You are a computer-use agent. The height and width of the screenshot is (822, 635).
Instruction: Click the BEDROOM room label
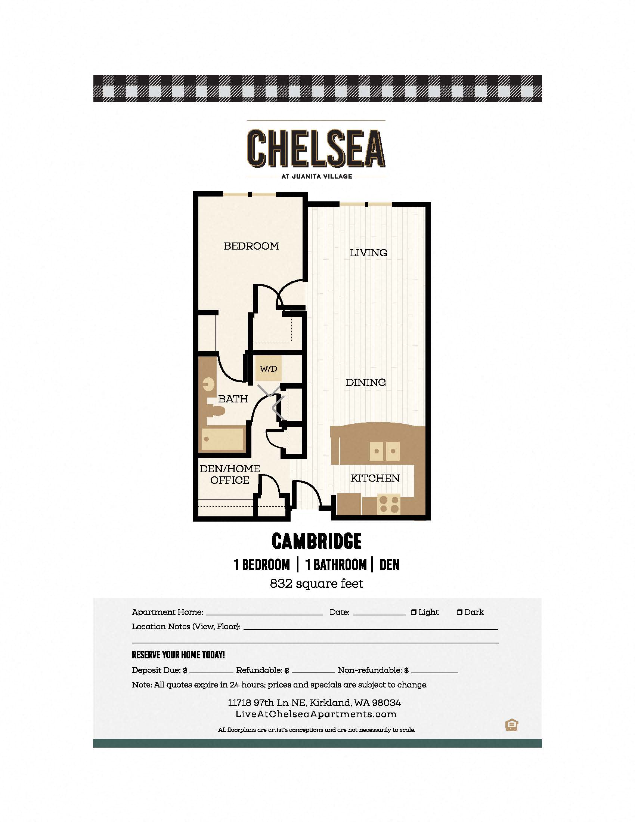(251, 246)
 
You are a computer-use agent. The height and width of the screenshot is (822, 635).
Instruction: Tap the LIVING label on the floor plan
(368, 253)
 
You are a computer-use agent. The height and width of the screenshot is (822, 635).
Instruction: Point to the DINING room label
(366, 382)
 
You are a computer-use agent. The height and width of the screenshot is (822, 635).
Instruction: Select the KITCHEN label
(375, 478)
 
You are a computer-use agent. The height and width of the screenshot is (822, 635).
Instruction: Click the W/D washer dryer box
(268, 369)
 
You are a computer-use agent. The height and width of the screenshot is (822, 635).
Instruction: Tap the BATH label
(233, 399)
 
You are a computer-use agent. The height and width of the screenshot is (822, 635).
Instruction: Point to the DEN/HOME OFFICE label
(229, 475)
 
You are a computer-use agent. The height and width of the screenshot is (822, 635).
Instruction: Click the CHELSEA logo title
(316, 148)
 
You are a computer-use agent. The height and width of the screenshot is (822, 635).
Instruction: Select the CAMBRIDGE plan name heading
(316, 541)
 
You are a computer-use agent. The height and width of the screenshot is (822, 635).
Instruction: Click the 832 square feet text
(316, 584)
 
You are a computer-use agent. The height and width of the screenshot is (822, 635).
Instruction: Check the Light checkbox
(413, 612)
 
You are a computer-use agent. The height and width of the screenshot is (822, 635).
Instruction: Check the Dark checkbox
(459, 612)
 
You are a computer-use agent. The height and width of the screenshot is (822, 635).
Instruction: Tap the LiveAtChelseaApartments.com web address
(316, 714)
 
